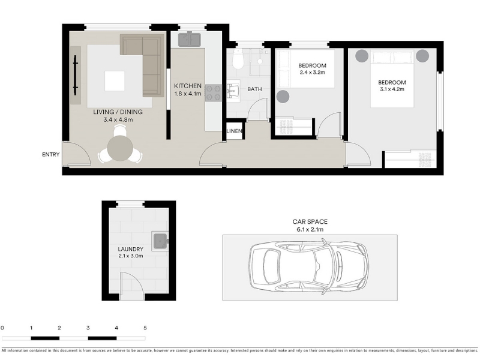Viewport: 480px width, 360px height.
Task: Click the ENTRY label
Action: coord(51,155)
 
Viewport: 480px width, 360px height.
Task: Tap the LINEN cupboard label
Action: coord(235,131)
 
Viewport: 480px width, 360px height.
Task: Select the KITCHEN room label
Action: coord(188,86)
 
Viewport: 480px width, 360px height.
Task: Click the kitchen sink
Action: coord(190,40)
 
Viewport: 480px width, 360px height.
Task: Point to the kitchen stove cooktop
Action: coord(213,93)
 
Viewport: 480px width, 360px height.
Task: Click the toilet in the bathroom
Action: coord(238,59)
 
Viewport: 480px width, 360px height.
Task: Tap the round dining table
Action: coord(120,148)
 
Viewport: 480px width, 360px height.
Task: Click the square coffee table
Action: coord(115,81)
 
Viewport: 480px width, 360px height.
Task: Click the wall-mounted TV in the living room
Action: coord(76,76)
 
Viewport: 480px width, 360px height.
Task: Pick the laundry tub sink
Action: coord(160,241)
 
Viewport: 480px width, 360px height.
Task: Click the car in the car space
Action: coord(308,266)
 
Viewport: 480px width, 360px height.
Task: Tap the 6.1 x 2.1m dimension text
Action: coord(310,229)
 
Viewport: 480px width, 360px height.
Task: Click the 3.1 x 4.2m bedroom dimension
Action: coord(392,89)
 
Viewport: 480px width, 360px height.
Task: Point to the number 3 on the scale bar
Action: coord(88,328)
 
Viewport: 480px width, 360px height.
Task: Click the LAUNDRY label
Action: coord(130,249)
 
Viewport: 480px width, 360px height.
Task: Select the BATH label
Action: coord(254,89)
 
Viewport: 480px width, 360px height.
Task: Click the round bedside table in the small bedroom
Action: coord(283,97)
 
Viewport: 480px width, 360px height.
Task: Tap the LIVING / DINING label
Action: coord(118,112)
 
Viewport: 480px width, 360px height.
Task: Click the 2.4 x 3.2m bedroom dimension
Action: coord(312,73)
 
